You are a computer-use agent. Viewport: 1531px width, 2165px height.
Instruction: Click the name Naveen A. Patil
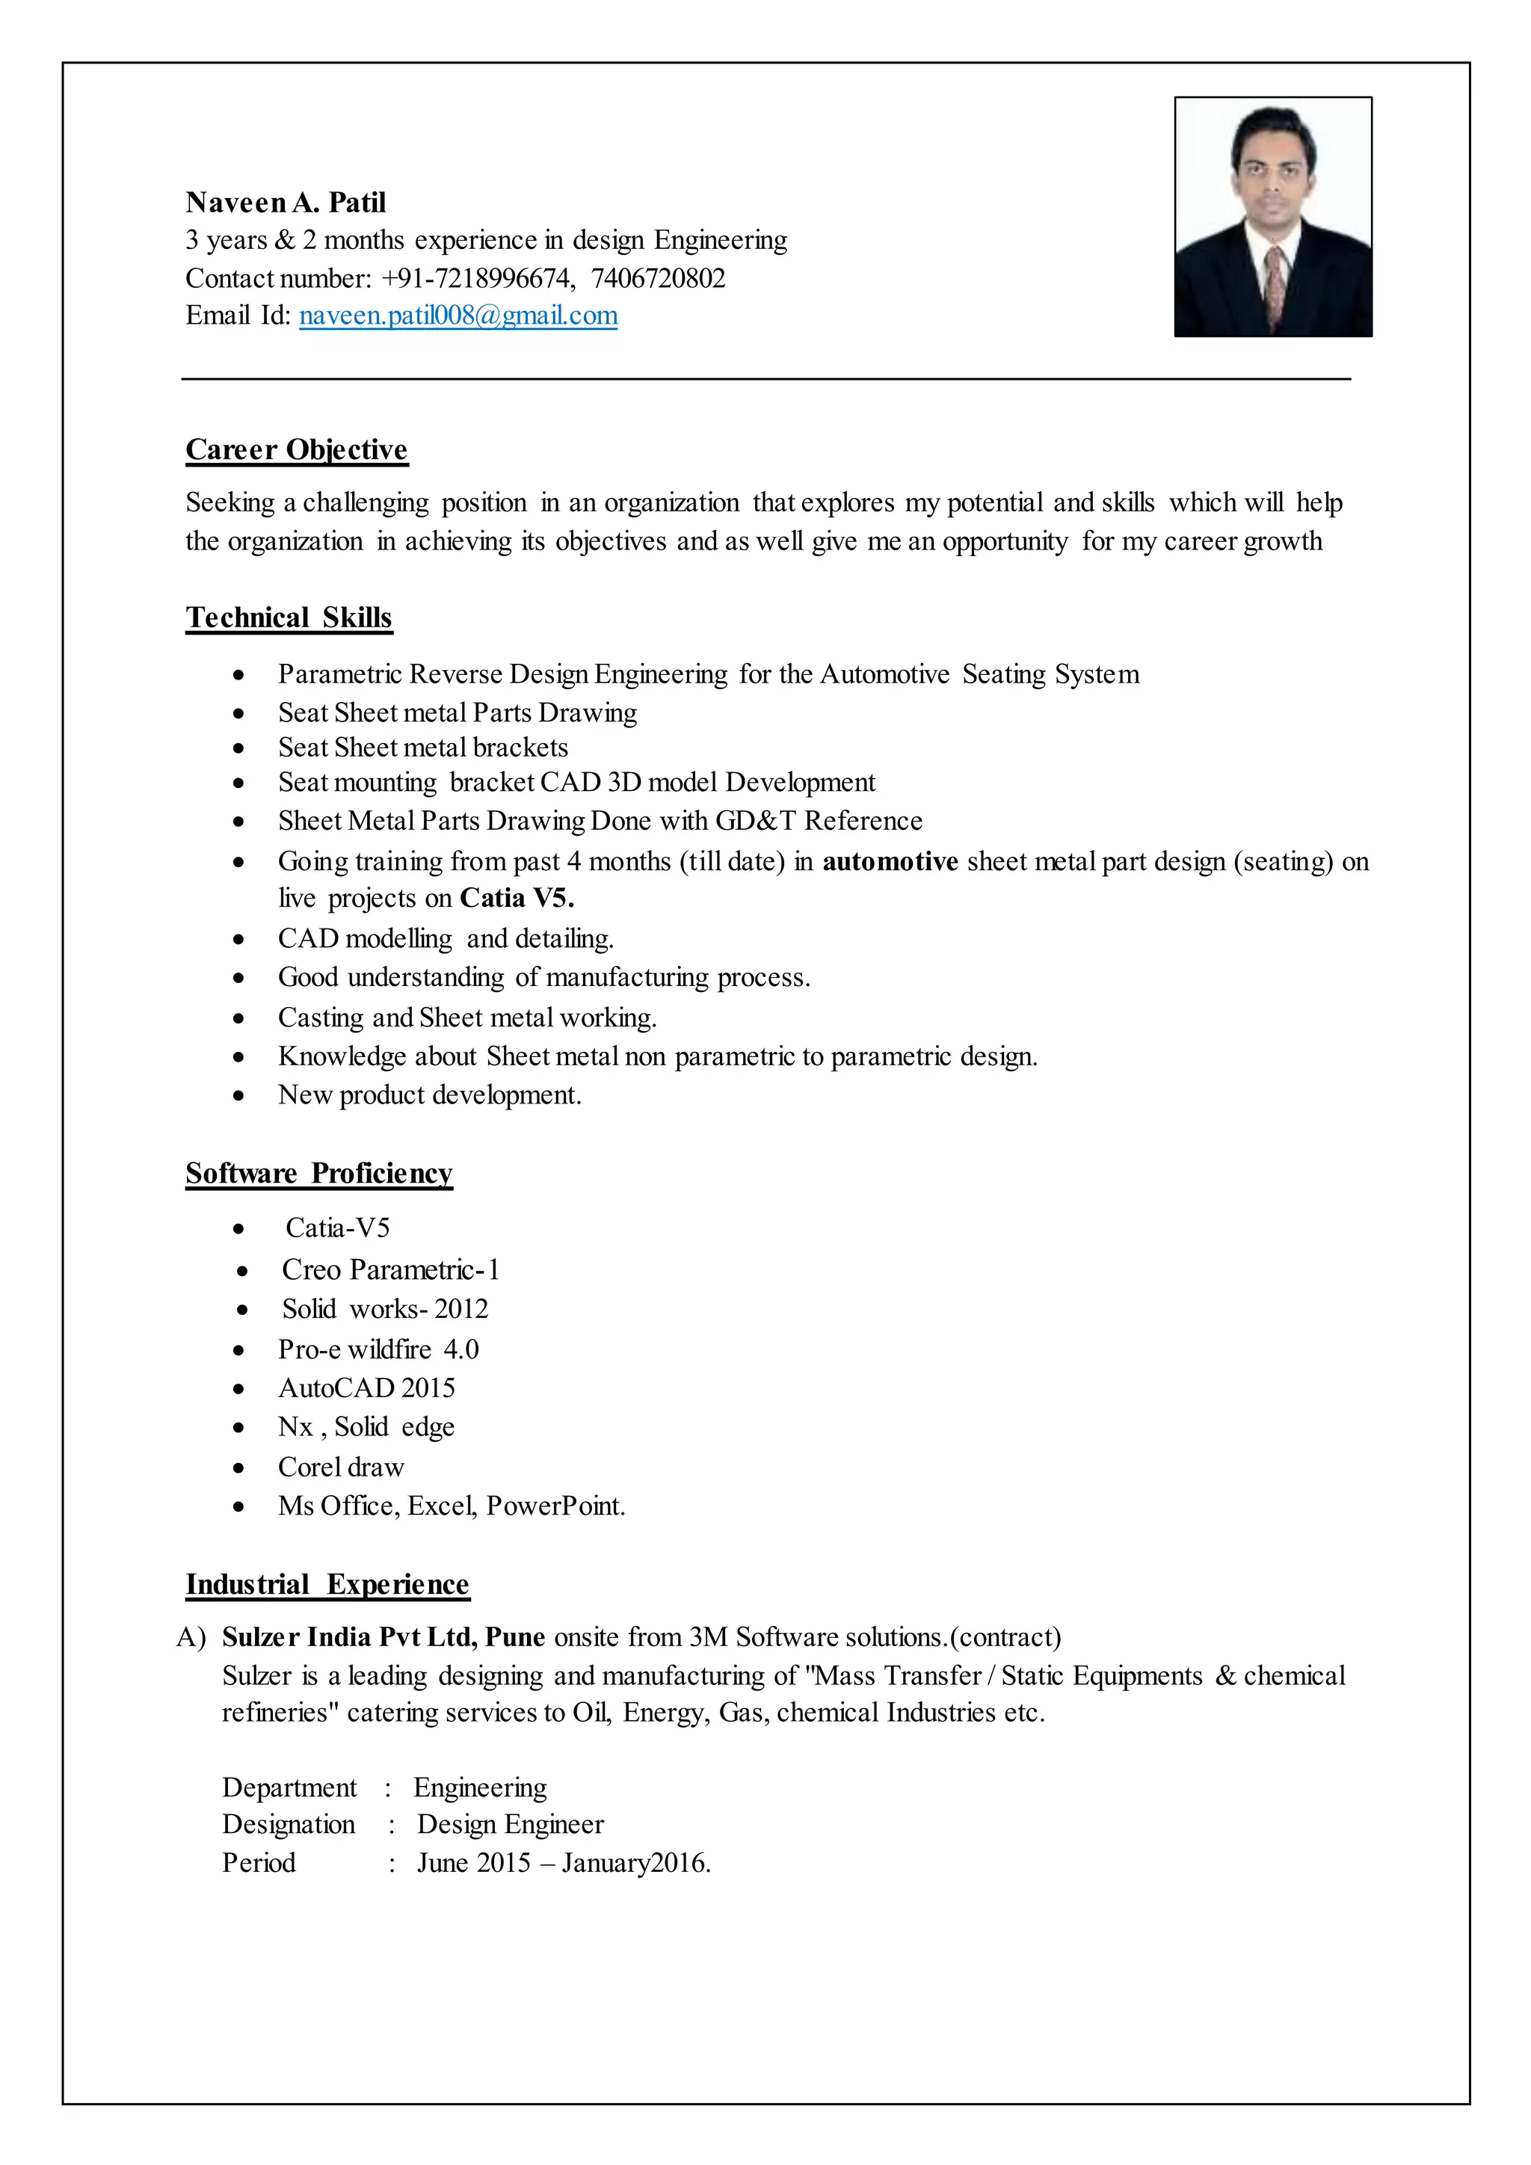[x=286, y=203]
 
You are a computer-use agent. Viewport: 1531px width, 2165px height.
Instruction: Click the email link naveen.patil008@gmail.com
[x=458, y=316]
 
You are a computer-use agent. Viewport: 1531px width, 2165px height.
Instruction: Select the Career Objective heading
[x=296, y=450]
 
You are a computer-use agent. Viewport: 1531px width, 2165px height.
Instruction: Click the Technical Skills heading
[x=289, y=618]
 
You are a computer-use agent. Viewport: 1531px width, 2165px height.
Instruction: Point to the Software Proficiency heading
[x=318, y=1173]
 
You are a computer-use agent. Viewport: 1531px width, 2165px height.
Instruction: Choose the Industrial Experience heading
[x=327, y=1584]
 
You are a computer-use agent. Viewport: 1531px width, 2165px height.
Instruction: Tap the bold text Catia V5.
[x=517, y=898]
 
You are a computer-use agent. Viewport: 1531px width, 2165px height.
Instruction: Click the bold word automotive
[x=890, y=861]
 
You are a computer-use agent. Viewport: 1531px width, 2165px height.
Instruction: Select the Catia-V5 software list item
[x=337, y=1228]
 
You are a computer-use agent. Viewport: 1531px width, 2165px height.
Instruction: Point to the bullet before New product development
[x=239, y=1096]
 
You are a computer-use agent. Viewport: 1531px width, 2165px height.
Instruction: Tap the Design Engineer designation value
[x=510, y=1825]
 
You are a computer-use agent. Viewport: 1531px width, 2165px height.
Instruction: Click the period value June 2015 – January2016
[x=564, y=1863]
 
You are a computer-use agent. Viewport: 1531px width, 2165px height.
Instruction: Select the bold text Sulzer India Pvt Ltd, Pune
[x=383, y=1637]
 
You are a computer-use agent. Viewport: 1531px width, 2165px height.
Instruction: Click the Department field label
[x=289, y=1787]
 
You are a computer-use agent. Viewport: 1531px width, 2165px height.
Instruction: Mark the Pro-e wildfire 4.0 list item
[x=378, y=1349]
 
